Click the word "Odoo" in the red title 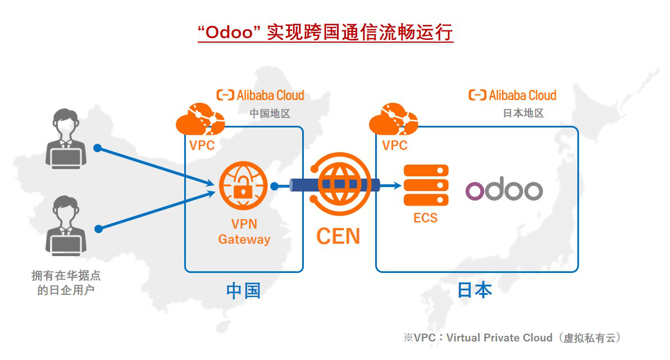click(x=231, y=33)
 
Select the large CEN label click(x=338, y=236)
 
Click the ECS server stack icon click(x=426, y=185)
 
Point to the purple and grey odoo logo click(x=504, y=190)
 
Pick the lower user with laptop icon click(x=66, y=224)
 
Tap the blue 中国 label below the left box click(x=243, y=290)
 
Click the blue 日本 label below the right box click(x=475, y=290)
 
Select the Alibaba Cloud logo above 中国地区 click(x=261, y=95)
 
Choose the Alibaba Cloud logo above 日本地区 click(x=512, y=95)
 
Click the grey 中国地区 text click(x=270, y=113)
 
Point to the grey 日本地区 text click(x=523, y=113)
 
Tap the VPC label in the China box click(x=202, y=145)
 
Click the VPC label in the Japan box click(x=395, y=145)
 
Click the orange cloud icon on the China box click(x=200, y=119)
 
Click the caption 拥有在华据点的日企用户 click(x=66, y=283)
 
